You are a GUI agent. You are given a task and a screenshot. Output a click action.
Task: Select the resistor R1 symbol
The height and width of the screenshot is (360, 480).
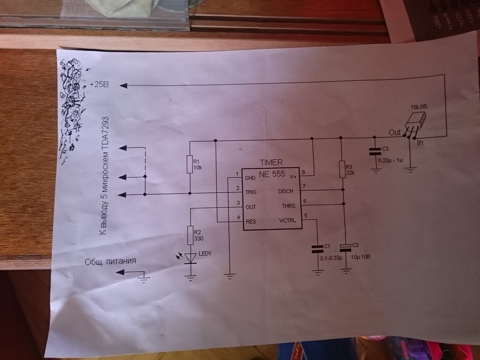point(190,164)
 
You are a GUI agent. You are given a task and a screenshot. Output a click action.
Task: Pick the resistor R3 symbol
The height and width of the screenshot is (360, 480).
point(342,169)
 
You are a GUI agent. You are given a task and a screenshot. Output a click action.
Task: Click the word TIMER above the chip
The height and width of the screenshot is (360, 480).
point(271,163)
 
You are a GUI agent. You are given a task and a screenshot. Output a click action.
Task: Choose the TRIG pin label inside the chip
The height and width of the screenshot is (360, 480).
point(250,192)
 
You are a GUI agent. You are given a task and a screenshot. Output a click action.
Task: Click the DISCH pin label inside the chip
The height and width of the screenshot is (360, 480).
point(286,191)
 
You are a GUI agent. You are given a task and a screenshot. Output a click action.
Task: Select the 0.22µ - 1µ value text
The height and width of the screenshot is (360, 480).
point(391,160)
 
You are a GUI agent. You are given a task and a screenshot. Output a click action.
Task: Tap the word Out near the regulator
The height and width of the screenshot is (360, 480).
point(394,132)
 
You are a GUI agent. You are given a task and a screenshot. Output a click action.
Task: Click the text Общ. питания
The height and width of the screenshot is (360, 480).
point(110,261)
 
